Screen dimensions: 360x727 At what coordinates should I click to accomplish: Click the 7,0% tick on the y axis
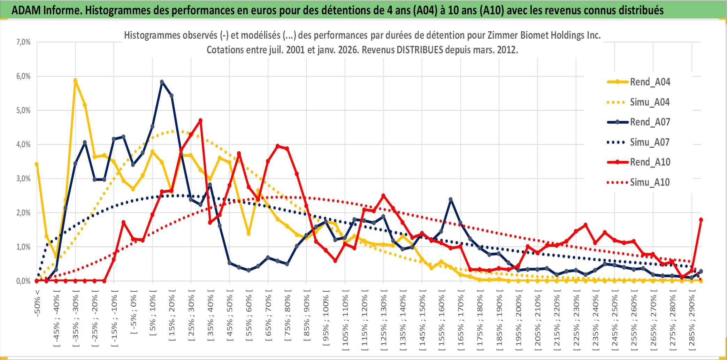click(x=23, y=42)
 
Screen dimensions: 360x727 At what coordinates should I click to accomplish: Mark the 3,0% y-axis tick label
click(x=23, y=178)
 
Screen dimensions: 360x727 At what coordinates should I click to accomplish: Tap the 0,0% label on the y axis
click(x=23, y=281)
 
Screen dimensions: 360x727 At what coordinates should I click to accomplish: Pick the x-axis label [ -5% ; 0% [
click(x=133, y=312)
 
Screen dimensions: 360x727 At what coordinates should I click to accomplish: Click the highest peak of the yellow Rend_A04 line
click(x=75, y=81)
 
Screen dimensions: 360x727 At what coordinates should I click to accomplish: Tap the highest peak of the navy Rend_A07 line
click(x=162, y=82)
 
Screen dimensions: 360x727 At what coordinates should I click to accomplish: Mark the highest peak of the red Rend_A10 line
click(x=200, y=121)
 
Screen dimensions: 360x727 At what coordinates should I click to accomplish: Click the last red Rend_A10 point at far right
click(x=701, y=220)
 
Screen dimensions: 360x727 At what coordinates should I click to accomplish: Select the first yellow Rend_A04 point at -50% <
click(x=37, y=164)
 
